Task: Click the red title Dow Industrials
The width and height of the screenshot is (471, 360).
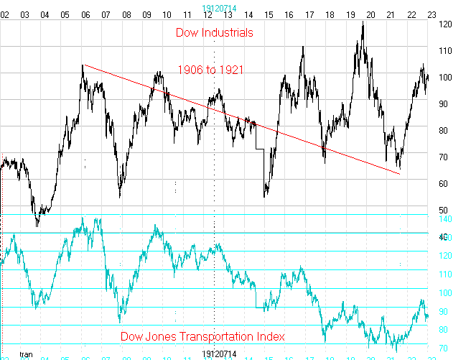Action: coord(214,32)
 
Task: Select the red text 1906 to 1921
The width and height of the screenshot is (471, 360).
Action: coord(210,69)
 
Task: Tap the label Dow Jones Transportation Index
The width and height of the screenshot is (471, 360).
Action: coord(202,336)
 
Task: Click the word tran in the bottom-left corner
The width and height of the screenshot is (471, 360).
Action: coord(27,354)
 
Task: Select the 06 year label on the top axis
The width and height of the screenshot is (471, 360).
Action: coord(85,14)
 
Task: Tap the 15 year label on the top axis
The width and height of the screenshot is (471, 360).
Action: coord(269,14)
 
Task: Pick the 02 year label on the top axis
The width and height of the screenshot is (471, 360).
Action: coord(4,14)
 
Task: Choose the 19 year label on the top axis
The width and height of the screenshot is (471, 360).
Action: coord(351,14)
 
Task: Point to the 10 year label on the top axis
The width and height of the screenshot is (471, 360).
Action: coord(167,14)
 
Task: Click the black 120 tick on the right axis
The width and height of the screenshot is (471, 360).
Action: coord(444,24)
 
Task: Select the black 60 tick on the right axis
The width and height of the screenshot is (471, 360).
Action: coord(442,184)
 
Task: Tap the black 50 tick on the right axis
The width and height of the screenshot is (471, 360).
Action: coord(442,211)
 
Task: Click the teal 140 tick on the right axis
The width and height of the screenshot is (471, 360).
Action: coord(444,218)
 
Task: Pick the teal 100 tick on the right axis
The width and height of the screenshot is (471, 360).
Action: coord(444,293)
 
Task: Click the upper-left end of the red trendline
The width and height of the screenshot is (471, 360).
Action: coord(83,65)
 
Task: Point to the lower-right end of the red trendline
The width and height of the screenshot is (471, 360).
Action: coord(400,174)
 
